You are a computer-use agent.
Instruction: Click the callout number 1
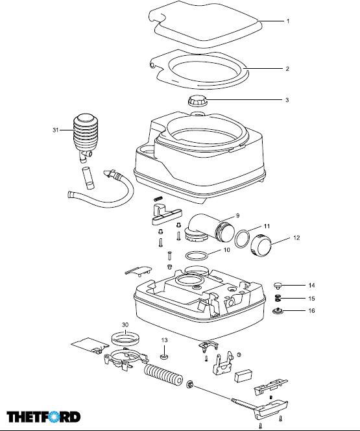pos(288,21)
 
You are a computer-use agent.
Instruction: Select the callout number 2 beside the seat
pos(287,69)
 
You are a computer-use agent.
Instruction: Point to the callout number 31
pos(56,130)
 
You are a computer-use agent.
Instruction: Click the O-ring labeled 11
pos(242,239)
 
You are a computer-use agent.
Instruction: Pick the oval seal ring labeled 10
pos(197,256)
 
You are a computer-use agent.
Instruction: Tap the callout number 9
pos(237,215)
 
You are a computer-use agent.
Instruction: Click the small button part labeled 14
pos(278,286)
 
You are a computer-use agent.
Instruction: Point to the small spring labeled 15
pos(278,298)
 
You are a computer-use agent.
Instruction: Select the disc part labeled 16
pos(278,311)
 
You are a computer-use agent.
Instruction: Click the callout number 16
pos(311,311)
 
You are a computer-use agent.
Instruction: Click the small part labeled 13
pos(164,357)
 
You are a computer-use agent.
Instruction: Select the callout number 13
pos(164,340)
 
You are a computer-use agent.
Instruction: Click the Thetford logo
pos(43,417)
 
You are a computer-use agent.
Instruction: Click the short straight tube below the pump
pos(88,178)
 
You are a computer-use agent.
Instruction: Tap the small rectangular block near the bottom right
pos(243,376)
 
